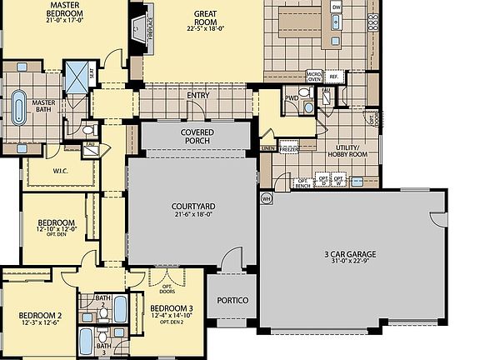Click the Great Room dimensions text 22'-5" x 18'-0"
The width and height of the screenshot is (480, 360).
[x=206, y=27]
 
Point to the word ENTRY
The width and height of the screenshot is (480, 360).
[x=198, y=95]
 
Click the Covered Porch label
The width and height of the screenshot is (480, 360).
[x=197, y=137]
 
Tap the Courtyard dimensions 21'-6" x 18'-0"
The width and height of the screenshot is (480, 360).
[x=193, y=214]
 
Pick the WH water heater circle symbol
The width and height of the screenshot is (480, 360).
[x=267, y=199]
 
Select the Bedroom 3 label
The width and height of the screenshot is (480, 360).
[x=172, y=309]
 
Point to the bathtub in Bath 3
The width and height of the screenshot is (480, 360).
[x=87, y=340]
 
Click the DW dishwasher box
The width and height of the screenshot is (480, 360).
[x=337, y=7]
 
